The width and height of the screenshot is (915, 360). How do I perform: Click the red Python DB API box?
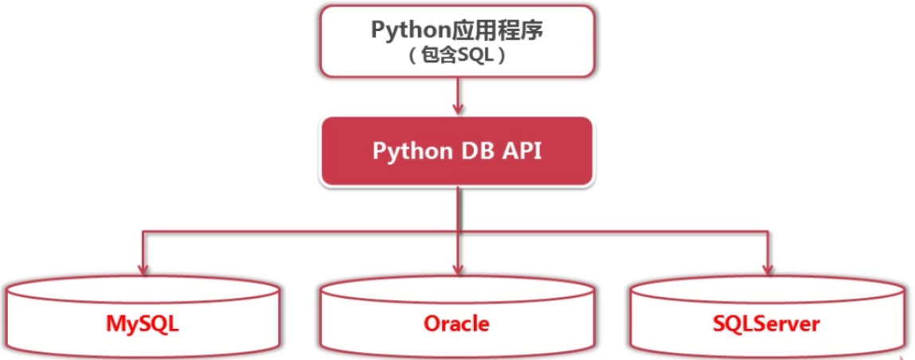[x=456, y=152]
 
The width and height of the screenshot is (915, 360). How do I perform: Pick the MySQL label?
[x=143, y=324]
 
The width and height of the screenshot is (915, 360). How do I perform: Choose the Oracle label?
[x=456, y=324]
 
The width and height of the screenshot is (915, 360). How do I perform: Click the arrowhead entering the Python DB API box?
[x=457, y=110]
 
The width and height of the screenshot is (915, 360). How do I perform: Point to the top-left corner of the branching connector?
[x=143, y=232]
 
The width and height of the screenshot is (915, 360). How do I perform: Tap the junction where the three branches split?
[x=457, y=232]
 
